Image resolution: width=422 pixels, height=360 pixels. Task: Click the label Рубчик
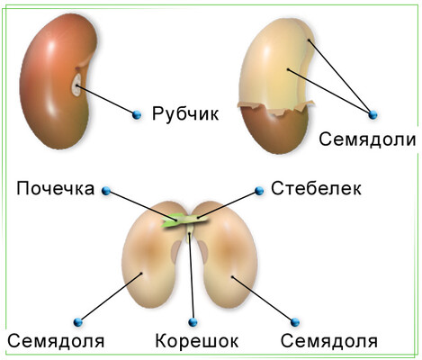[x=185, y=114]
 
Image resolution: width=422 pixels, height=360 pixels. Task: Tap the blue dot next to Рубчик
[x=137, y=114]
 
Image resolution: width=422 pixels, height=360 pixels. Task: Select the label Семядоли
[x=367, y=139]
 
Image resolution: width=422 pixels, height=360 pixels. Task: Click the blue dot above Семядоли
[x=373, y=114]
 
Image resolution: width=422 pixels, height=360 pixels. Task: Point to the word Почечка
[x=56, y=189]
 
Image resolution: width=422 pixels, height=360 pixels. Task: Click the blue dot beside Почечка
[x=106, y=191]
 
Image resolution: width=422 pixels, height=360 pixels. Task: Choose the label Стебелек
[x=316, y=188]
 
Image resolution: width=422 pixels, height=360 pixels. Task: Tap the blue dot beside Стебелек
[x=259, y=191]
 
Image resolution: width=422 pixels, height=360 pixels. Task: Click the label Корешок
[x=197, y=341]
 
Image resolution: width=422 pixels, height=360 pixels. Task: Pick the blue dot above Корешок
[x=193, y=322]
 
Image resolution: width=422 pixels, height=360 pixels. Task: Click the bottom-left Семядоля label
[x=56, y=341]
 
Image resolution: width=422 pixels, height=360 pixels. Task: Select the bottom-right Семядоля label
[x=329, y=341]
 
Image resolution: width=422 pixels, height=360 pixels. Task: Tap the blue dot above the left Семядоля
[x=78, y=322]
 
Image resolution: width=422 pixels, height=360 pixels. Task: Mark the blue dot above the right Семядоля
[x=295, y=322]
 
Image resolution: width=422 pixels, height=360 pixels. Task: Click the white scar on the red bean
[x=76, y=85]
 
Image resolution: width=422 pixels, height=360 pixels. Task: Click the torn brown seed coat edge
[x=276, y=107]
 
